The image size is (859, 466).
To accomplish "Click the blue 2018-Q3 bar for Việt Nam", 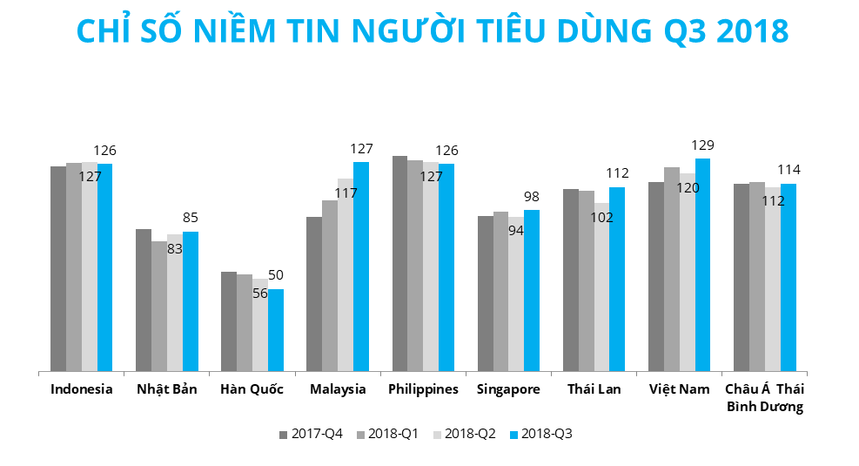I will point(702,265).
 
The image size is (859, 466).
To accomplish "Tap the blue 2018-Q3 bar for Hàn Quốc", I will point(276,329).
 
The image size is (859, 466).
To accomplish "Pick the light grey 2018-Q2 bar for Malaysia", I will point(346,274).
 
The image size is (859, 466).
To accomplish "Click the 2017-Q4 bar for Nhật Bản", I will point(144,300).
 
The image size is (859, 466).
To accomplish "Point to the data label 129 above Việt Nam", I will point(703,145).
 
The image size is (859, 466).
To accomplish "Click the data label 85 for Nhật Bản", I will point(191,218).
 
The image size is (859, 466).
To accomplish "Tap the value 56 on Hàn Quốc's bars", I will point(260,294).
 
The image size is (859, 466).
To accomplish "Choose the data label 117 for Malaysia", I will point(346,192).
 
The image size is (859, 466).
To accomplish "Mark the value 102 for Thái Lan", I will point(601,217).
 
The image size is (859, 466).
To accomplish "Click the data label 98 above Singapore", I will point(532,196).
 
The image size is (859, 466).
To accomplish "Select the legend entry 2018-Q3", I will point(540,434).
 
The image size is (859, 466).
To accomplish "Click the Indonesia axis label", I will point(82,389).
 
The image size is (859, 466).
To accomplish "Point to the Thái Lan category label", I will point(594,389).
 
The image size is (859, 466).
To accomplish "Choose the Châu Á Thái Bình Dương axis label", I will point(765,398).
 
